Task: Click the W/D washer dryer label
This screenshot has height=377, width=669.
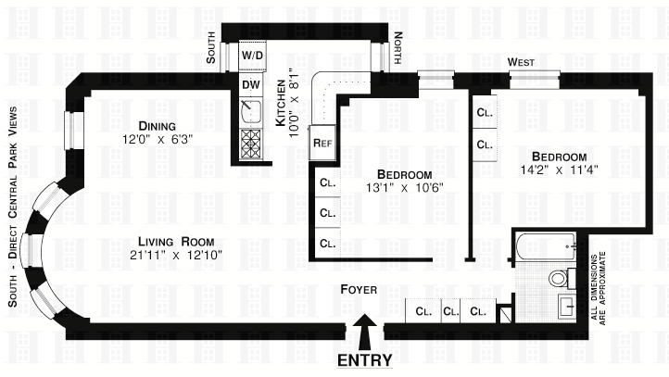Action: click(252, 56)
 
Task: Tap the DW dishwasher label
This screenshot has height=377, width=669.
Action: click(251, 84)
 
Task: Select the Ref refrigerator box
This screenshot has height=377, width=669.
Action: click(322, 143)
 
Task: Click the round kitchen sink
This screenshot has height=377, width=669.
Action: click(251, 111)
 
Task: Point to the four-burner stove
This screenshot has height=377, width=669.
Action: click(251, 145)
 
